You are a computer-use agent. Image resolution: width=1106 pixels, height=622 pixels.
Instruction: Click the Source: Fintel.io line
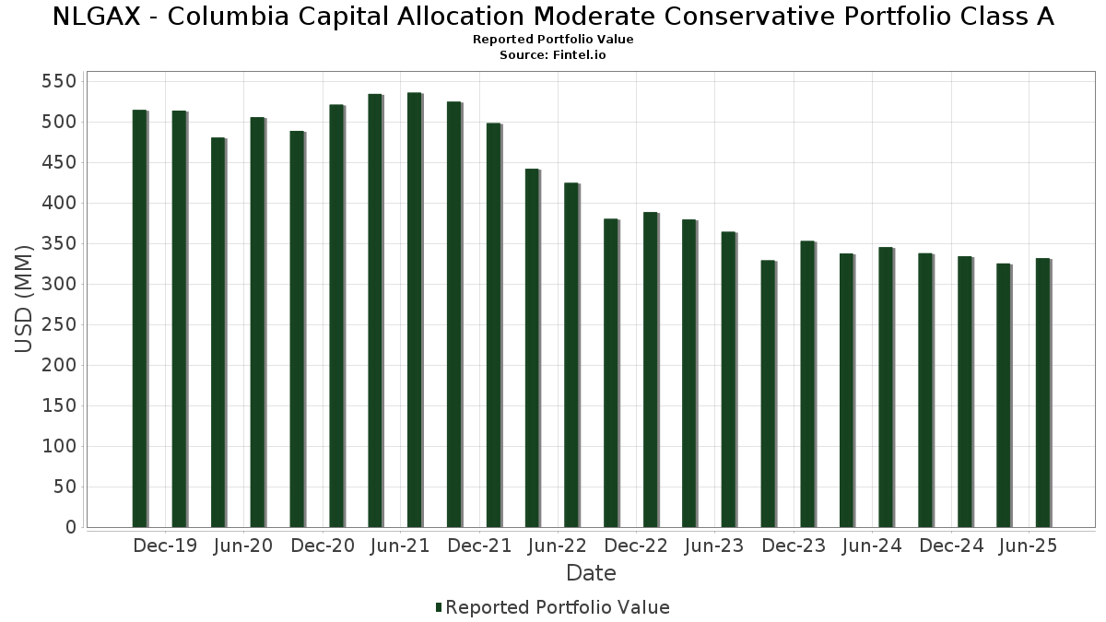pos(553,54)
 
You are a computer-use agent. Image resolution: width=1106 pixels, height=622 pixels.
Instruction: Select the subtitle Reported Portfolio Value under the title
pos(553,40)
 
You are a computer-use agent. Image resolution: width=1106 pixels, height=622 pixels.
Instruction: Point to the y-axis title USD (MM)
pos(25,299)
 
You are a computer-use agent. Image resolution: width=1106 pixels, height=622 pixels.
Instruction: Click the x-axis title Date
pos(591,573)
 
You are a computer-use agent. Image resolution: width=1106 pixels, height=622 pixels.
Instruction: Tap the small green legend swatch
pos(439,607)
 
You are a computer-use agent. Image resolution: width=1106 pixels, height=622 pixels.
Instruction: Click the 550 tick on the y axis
pos(60,82)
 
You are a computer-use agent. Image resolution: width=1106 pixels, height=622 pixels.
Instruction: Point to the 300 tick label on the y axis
pos(60,285)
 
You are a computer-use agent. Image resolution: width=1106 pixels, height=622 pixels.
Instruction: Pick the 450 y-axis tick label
pos(60,163)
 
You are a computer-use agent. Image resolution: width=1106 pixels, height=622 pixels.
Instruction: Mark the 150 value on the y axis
pos(60,406)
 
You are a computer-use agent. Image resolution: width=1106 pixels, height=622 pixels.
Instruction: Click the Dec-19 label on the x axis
pos(165,546)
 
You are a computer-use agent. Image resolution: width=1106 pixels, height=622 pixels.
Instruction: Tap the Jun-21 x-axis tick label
pos(400,546)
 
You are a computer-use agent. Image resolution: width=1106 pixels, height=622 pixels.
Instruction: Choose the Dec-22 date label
pos(636,546)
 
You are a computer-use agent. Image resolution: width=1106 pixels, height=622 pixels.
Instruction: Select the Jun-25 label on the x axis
pos(1028,546)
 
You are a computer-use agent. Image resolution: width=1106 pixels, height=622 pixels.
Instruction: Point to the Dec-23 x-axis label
pos(794,546)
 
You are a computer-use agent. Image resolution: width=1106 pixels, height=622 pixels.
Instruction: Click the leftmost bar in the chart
pos(140,318)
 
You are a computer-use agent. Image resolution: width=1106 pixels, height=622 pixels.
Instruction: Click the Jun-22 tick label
pos(558,546)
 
